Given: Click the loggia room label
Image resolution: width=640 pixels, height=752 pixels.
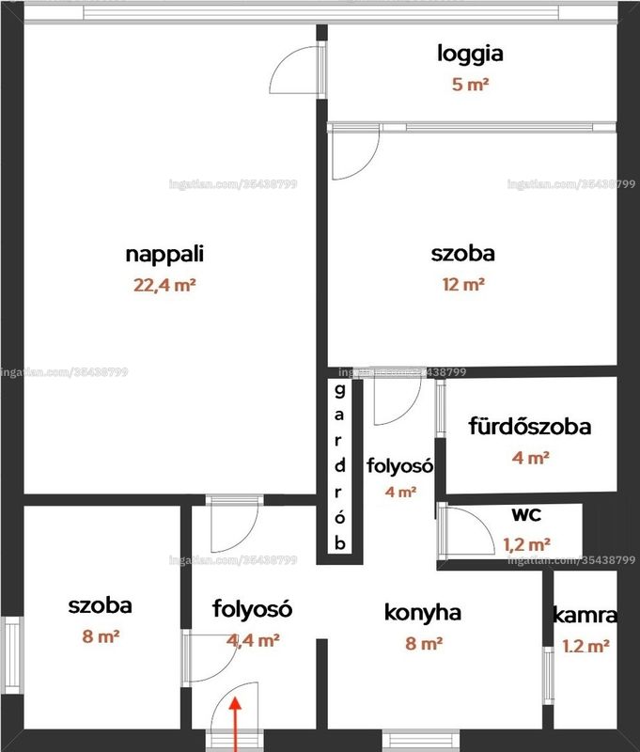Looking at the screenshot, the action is coord(470,54).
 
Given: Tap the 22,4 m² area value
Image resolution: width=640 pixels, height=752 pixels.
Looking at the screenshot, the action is coord(164,286).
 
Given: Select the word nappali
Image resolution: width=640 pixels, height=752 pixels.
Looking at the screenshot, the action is coord(164,254).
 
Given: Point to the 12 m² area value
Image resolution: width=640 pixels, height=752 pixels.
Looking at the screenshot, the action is coord(463,285).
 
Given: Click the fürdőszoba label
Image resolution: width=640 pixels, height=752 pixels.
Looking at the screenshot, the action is coord(530,427).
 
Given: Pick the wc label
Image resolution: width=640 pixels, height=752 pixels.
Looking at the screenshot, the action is coord(526,514).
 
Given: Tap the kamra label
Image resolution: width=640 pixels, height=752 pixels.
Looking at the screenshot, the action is coord(585,616).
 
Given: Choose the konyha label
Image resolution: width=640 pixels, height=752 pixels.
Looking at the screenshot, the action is coord(423,613).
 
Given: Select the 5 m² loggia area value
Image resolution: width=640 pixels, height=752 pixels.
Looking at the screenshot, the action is coord(470,85).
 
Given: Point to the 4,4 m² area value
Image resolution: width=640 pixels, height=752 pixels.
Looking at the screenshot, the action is coord(253,640).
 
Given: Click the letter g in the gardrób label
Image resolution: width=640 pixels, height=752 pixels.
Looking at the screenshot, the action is coord(339,391).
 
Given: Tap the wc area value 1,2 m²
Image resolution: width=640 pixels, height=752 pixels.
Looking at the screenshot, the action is coord(526,545).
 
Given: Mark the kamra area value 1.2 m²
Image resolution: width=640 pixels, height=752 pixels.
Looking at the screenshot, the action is coord(585,646).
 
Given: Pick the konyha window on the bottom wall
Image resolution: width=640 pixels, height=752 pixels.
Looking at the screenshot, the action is coord(421,740).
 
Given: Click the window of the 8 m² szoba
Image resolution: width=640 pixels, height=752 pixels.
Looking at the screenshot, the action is coord(12,654).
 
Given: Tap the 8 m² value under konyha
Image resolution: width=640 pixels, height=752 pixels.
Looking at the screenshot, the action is coord(424,643).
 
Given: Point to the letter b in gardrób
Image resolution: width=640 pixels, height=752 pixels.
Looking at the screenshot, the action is coord(340,543).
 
